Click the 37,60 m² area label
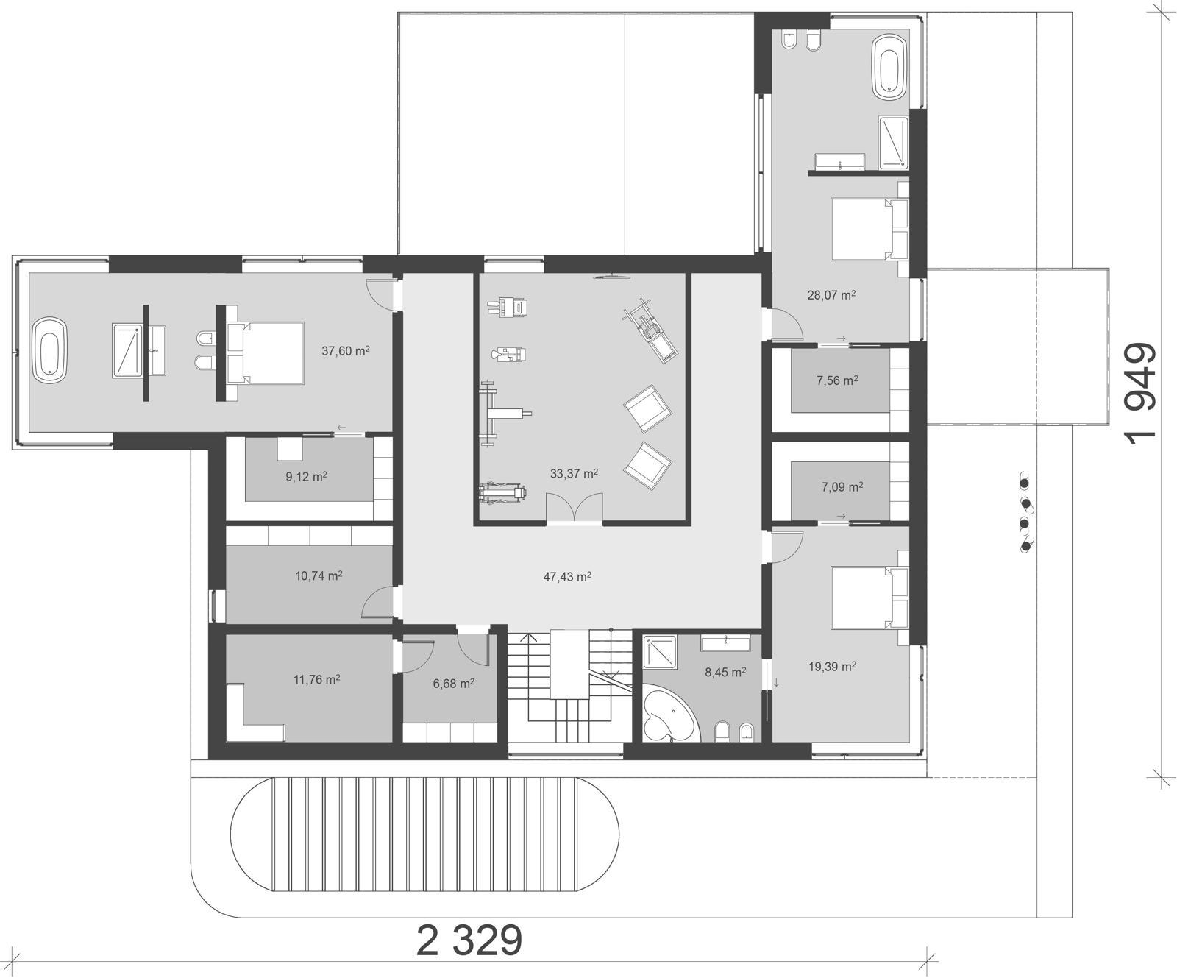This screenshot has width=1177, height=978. [x=345, y=351]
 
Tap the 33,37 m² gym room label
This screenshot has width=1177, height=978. [x=574, y=474]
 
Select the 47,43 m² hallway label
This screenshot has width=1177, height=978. [x=567, y=576]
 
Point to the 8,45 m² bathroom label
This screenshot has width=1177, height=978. [x=725, y=672]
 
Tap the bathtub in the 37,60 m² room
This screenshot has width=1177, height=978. [x=50, y=350]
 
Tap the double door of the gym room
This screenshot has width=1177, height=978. [x=575, y=509]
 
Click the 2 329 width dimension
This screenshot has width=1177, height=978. [x=469, y=940]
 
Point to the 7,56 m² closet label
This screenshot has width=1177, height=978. [x=837, y=380]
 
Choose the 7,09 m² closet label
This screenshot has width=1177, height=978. [x=842, y=486]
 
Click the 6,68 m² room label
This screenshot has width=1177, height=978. [x=453, y=684]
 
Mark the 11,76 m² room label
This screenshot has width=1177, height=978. [x=316, y=679]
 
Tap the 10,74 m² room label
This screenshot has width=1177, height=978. [x=319, y=575]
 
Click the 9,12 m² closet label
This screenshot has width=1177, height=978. [x=306, y=476]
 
